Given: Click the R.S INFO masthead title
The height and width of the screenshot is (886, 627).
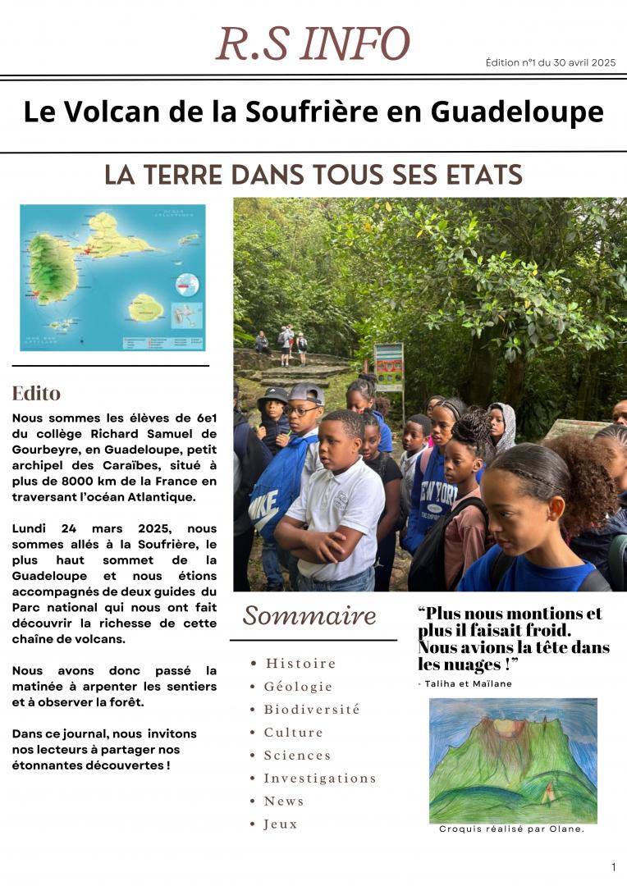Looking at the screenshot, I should (x=313, y=44).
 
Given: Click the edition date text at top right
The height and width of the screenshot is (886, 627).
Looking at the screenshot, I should (x=550, y=62).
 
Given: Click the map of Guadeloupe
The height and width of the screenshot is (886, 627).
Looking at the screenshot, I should (x=112, y=277).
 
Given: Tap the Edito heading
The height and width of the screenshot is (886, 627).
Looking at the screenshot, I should (x=36, y=393).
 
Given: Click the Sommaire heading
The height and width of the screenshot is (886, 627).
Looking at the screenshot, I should (x=309, y=615).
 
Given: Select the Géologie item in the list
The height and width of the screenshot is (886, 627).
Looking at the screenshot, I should (x=298, y=686).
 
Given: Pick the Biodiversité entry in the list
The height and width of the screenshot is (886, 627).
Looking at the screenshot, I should (x=311, y=709).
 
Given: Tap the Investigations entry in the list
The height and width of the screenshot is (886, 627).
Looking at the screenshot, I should (x=319, y=778).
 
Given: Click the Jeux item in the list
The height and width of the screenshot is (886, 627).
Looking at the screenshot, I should (x=280, y=824).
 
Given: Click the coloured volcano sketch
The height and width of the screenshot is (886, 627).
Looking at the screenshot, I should (x=513, y=760).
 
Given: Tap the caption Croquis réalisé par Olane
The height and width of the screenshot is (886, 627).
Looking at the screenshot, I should (x=511, y=829).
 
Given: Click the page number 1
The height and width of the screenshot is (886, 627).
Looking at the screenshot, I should (x=613, y=867).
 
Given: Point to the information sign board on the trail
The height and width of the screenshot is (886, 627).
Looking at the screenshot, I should (x=388, y=366).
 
